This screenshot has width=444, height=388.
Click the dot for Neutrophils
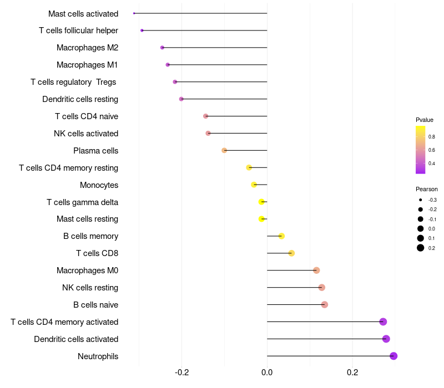pos(393,356)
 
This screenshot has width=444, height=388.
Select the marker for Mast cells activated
pos(134,13)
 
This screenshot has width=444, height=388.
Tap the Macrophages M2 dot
pos(162,48)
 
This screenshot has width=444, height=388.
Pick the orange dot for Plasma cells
pos(224,150)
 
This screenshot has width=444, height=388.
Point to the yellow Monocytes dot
pos(254,185)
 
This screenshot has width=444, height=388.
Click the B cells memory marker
pos(281,236)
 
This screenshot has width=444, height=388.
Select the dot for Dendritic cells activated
pos(386,339)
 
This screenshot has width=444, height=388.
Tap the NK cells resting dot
pos(321,288)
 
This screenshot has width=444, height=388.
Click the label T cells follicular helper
pos(78,30)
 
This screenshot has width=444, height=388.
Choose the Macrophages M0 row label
pos(87,270)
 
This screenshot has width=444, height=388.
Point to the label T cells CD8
pos(97,253)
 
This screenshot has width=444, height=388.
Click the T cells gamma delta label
pos(82,202)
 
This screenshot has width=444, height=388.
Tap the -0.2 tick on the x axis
pos(181,372)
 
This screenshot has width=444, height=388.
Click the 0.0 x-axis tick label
pos(267,372)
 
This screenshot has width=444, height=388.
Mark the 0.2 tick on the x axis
pos(352,372)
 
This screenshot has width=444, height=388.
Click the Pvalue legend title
pos(425,120)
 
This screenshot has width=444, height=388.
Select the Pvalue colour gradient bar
pos(421,150)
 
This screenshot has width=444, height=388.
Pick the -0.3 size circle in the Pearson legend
pos(421,200)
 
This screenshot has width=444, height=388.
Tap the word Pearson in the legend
pos(427,189)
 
